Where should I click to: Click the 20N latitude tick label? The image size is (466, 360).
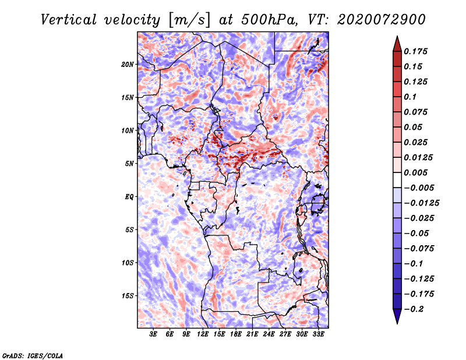128,64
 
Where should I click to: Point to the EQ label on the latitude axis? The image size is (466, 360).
129,197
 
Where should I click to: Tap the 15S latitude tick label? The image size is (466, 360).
128,296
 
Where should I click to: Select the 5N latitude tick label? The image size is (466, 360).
130,164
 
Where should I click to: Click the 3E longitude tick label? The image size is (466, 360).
154,335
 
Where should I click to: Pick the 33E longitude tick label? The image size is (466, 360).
319,335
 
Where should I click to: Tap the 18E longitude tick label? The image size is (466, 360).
236,335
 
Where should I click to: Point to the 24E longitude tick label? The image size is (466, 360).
269,335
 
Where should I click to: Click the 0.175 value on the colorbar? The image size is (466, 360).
416,51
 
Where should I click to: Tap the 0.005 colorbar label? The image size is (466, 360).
416,172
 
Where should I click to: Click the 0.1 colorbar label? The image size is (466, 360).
411,97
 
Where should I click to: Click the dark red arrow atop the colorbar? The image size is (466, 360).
397,43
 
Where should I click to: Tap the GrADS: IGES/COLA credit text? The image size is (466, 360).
32,354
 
